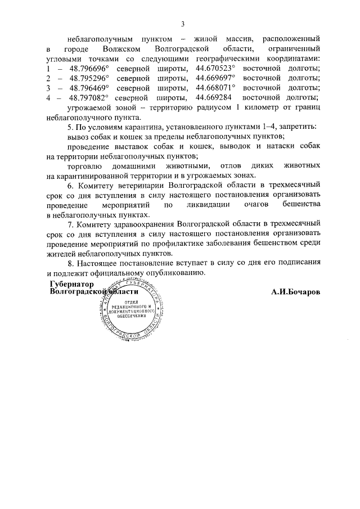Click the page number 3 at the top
coord(183,24)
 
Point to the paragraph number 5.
coord(69,127)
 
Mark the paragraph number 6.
coord(69,185)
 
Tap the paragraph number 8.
coord(69,263)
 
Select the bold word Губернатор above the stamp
coord(71,284)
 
